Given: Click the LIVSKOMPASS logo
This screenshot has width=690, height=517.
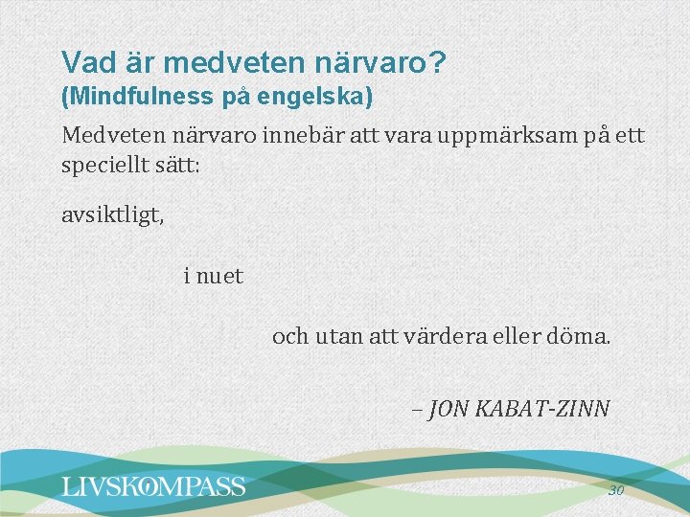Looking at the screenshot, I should coord(153,486).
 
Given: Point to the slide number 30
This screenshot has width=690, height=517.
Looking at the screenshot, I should coord(616,490).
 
